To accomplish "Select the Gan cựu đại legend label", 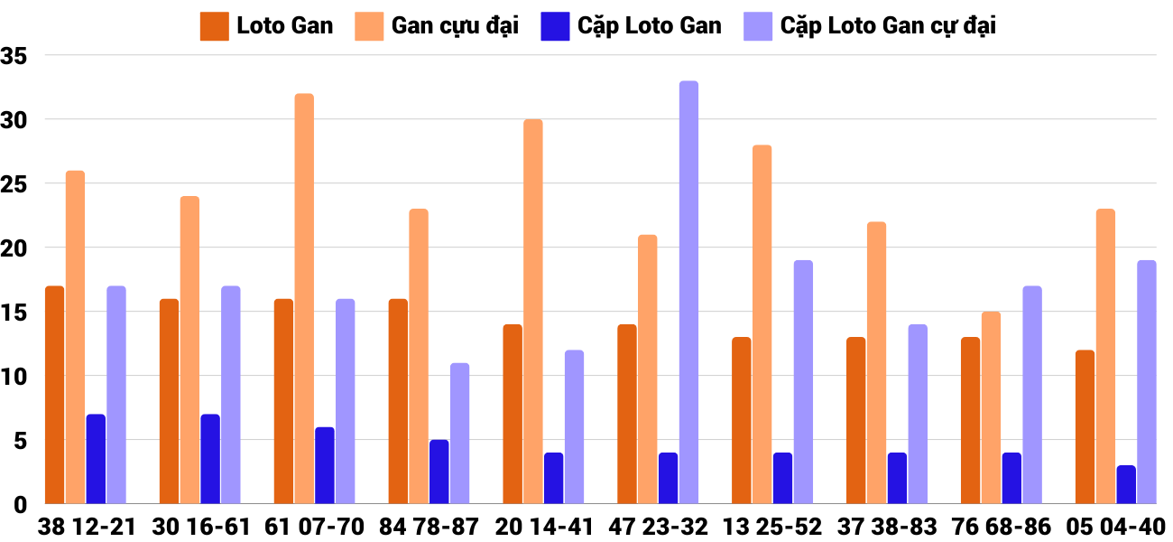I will coord(455,26).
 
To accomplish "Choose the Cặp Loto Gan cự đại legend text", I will coord(888,26).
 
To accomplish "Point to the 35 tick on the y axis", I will coord(15,56).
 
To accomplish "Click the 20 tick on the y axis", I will coord(15,248).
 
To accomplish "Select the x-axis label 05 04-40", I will coord(1115,527).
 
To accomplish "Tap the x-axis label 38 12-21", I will coord(87,527).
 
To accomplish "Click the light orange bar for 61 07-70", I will coord(304,298).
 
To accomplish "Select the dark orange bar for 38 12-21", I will coord(54,395).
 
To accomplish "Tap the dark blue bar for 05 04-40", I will coord(1125,484).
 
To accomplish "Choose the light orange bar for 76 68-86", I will coord(991,407).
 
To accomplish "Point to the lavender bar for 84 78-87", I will coord(459,433).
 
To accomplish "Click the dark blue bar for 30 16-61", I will coord(209,459).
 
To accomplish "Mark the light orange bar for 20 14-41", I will coord(532,311).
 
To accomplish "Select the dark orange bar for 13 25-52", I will coord(741,420).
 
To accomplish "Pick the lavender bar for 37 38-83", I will coord(918,414).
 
